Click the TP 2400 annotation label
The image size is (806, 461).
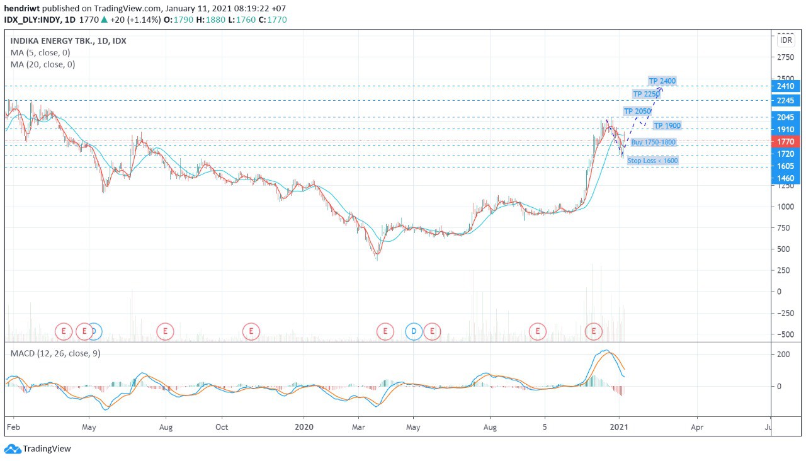pyautogui.click(x=662, y=81)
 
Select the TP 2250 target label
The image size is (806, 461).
pyautogui.click(x=646, y=94)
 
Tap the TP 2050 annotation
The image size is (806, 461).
pyautogui.click(x=637, y=111)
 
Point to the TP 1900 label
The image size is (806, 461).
pyautogui.click(x=667, y=125)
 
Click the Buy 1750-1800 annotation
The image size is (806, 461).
pyautogui.click(x=653, y=142)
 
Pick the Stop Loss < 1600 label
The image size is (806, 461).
pyautogui.click(x=652, y=161)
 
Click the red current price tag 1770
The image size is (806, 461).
pyautogui.click(x=785, y=142)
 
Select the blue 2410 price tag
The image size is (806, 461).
pyautogui.click(x=785, y=86)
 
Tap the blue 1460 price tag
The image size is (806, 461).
pyautogui.click(x=785, y=178)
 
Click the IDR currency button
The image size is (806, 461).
pyautogui.click(x=786, y=40)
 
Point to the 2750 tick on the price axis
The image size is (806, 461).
pyautogui.click(x=785, y=57)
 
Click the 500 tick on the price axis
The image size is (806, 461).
pyautogui.click(x=783, y=249)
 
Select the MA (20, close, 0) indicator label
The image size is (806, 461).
pyautogui.click(x=43, y=64)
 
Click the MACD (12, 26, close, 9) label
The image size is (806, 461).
pyautogui.click(x=55, y=353)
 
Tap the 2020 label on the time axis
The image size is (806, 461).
pyautogui.click(x=304, y=427)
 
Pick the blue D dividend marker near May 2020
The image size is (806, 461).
pyautogui.click(x=414, y=331)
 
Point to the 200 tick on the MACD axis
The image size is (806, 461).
pyautogui.click(x=783, y=355)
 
